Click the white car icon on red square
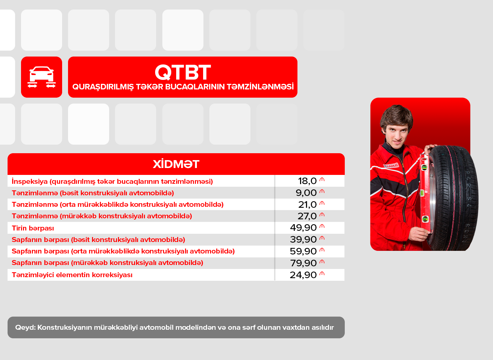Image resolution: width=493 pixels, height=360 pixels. point(42,77)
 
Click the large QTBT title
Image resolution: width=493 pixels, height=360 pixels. point(183,72)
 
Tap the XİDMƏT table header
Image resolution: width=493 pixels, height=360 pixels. point(176,164)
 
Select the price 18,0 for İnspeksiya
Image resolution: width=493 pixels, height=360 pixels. point(307,181)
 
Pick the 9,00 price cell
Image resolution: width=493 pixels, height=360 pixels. point(306,193)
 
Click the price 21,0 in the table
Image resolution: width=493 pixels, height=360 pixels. point(307,205)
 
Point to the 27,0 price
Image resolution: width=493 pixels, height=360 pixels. point(307,216)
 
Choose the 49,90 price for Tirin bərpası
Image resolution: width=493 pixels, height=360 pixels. point(303,228)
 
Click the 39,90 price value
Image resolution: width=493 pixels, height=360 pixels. point(303,240)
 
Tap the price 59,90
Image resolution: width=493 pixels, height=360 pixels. point(303,251)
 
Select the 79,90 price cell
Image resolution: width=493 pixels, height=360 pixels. point(303,263)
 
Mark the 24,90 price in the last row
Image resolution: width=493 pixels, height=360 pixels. point(303,275)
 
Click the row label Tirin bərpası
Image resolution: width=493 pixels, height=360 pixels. point(33,228)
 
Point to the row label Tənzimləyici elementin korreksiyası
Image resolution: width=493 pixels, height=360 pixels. point(72,275)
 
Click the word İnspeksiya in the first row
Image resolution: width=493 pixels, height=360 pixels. point(30,182)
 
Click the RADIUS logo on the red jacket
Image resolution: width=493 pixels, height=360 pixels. point(391,165)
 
